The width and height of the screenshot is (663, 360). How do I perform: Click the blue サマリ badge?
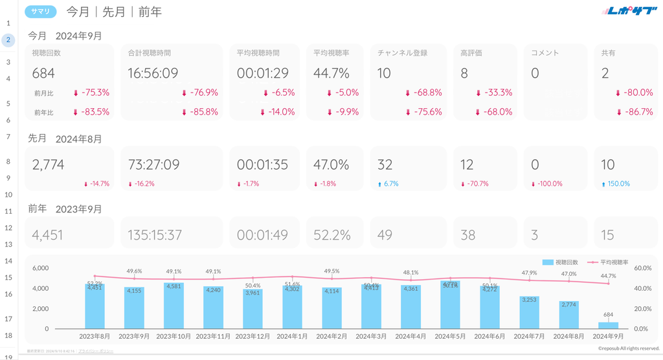41,12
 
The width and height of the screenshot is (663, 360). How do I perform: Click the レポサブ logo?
629,11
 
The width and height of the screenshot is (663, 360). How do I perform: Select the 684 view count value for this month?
43,73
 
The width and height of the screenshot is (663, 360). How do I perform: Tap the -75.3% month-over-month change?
95,93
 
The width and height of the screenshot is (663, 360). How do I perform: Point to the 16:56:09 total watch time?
153,73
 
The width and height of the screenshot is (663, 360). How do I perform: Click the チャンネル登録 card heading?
403,53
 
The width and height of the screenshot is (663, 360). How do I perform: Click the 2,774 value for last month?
48,165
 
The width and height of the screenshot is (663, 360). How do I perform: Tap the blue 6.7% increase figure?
390,184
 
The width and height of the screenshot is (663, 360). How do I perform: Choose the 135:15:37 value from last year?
155,235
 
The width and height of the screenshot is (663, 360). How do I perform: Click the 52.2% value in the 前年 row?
332,235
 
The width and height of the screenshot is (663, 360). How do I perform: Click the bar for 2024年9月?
609,325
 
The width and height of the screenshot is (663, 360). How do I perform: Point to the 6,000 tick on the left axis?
40,268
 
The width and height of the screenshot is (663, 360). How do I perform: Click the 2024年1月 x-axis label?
293,337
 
